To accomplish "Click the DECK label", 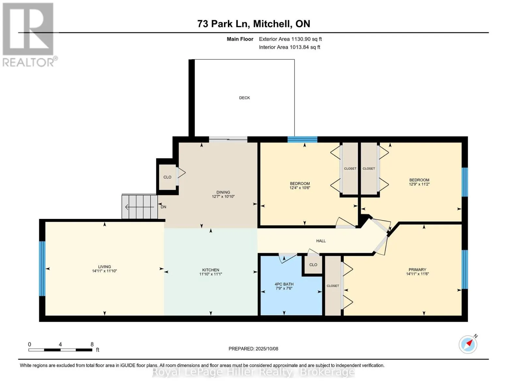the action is tap(244, 98).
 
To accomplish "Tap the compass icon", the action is tap(468, 345).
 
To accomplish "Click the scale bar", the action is tap(60, 350).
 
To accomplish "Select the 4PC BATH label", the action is tap(284, 284).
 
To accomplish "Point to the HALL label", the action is tap(321, 241).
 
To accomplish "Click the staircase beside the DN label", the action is tap(139, 206).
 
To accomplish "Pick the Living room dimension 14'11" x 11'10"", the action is tap(104, 271).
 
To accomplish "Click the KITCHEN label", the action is tap(211, 270).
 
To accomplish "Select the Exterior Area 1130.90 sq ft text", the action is tap(290, 39).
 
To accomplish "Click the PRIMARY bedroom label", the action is tap(417, 269).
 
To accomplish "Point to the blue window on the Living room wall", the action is tap(42, 268).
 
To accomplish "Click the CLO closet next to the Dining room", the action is tap(167, 177).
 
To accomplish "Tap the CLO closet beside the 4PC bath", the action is tap(313, 265).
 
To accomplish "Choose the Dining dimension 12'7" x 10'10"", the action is tap(223, 196).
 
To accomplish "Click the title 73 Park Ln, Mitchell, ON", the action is tap(254, 24).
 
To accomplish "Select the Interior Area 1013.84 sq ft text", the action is tap(290, 47).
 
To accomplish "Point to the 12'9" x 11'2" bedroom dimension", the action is tap(419, 184).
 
